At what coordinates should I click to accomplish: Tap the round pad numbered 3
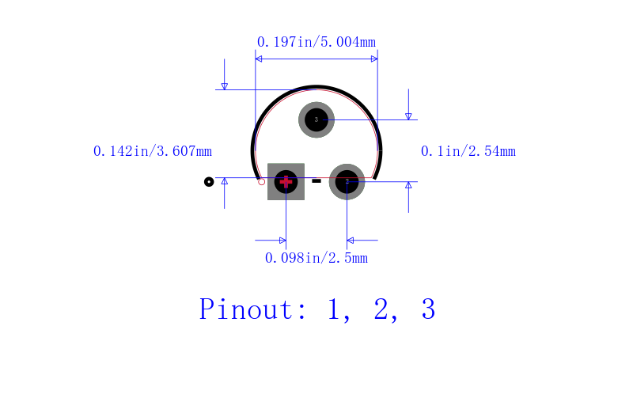(x=316, y=120)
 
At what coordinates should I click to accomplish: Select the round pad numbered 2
(x=347, y=182)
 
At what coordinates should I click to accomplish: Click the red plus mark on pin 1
(x=286, y=181)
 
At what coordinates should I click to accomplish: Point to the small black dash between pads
(x=316, y=181)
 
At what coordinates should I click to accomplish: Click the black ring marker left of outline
(x=209, y=182)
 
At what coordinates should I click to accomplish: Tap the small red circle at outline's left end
(x=262, y=182)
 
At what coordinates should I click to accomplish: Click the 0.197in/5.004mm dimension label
(x=316, y=41)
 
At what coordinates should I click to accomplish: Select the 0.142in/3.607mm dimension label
(x=153, y=151)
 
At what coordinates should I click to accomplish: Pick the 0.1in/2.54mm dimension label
(x=468, y=151)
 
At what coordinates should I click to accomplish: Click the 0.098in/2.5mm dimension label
(x=316, y=258)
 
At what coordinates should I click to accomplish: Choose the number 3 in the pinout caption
(x=428, y=309)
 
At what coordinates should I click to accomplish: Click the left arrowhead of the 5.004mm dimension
(x=259, y=59)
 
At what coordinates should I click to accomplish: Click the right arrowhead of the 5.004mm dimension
(x=374, y=59)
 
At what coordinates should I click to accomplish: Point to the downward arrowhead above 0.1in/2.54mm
(x=408, y=116)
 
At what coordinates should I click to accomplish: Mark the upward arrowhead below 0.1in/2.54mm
(x=408, y=185)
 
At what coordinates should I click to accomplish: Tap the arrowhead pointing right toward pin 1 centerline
(x=282, y=240)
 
